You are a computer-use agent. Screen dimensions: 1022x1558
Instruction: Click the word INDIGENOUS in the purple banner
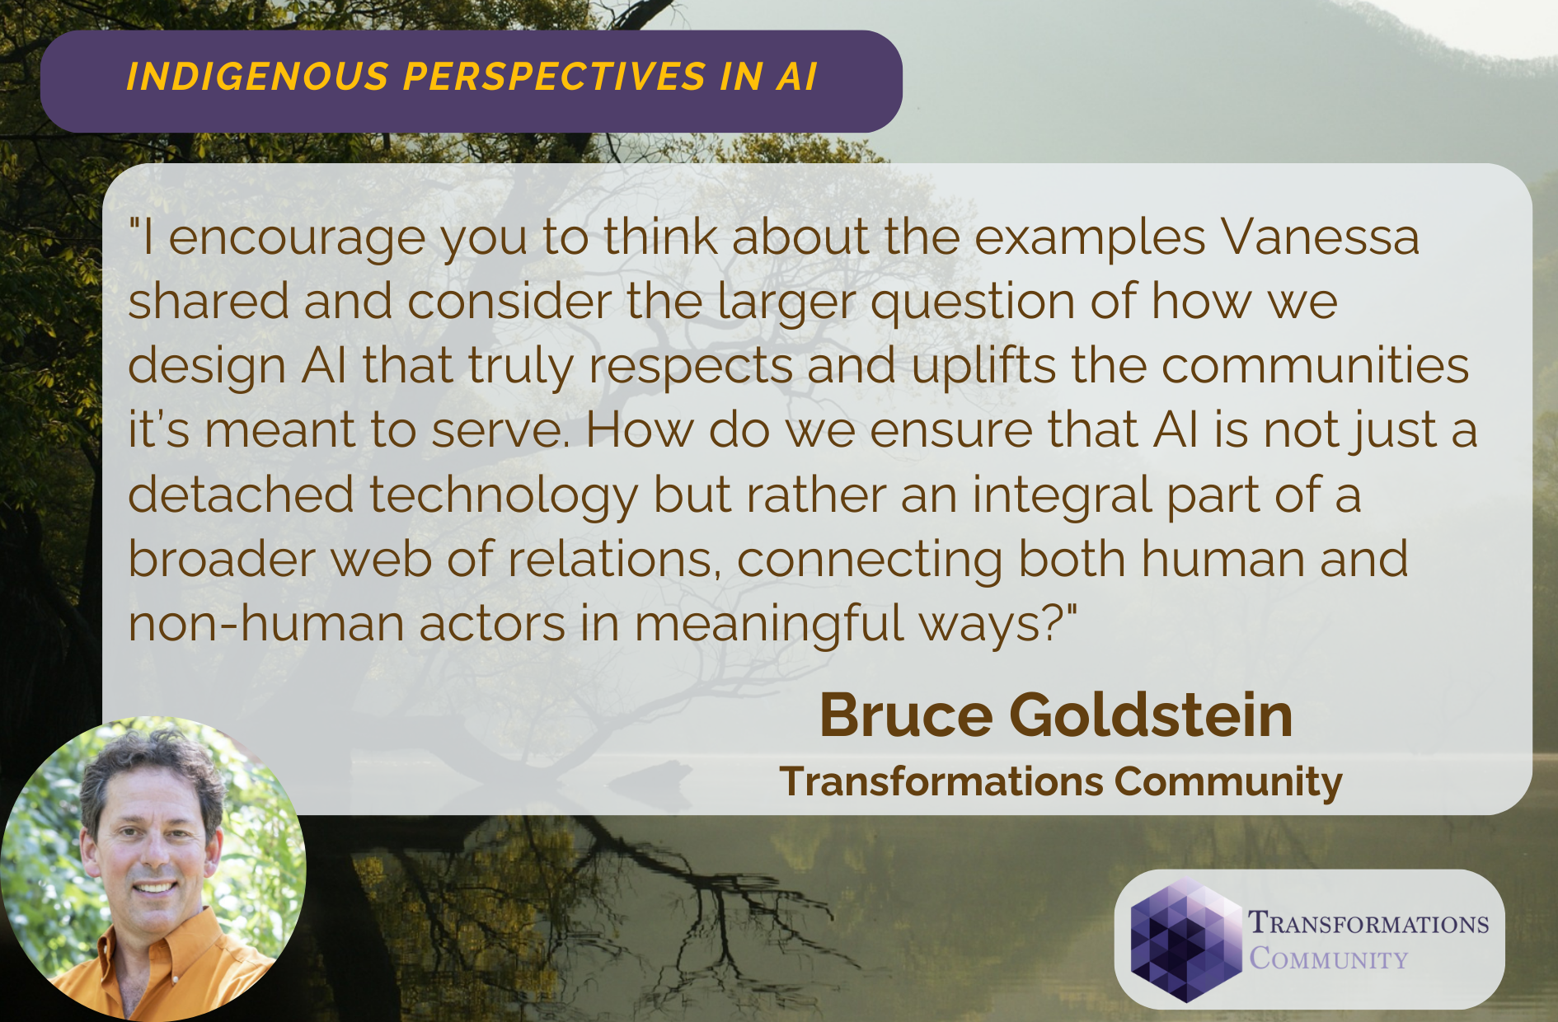[x=256, y=77]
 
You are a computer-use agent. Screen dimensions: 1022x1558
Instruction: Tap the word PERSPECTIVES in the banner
[x=553, y=77]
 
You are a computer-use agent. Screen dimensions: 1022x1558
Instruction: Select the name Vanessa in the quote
[x=1320, y=237]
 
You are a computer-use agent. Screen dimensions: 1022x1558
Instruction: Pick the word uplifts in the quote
[x=983, y=367]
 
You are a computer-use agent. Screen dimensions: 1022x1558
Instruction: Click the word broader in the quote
[x=222, y=559]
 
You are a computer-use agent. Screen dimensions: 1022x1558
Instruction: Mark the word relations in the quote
[x=610, y=559]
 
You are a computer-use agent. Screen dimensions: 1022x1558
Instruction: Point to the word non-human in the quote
[x=265, y=624]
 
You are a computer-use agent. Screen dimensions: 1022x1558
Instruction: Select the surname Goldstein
[x=1151, y=715]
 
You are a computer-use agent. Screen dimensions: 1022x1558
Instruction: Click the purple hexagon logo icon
[x=1185, y=940]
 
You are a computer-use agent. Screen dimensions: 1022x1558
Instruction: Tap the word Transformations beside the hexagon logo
[x=1368, y=923]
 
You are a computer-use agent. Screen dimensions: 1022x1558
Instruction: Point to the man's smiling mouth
[x=154, y=888]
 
